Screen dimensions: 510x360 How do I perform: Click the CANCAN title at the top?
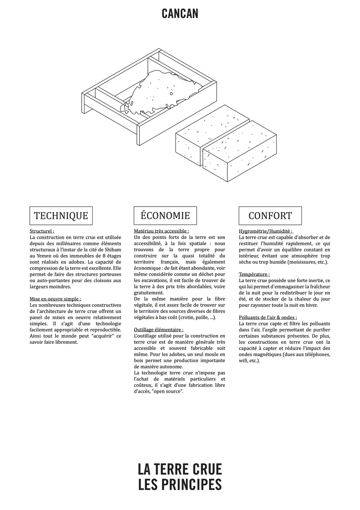tap(180, 14)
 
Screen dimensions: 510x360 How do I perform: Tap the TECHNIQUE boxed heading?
tap(61, 215)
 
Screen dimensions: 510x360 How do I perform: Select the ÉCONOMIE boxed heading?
tap(165, 215)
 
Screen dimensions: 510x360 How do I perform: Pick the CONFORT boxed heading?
tap(270, 215)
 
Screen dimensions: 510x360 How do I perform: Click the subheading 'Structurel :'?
tap(42, 231)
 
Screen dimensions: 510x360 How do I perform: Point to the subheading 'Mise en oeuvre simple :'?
tap(55, 299)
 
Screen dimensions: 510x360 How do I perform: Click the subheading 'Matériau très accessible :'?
tap(161, 231)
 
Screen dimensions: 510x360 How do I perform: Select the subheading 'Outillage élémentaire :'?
tap(159, 329)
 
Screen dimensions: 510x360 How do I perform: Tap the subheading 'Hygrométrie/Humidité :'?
tap(266, 231)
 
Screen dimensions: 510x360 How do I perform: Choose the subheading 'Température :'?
tap(254, 274)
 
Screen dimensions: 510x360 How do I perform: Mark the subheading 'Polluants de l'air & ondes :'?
tap(268, 317)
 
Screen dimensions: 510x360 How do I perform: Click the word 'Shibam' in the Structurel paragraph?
tap(112, 250)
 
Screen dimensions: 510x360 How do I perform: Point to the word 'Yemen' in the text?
tap(45, 256)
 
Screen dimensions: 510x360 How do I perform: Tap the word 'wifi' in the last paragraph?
tap(244, 360)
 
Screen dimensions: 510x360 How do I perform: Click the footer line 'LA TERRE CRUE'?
tap(180, 469)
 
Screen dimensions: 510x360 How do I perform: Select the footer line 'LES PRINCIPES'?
tap(180, 485)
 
